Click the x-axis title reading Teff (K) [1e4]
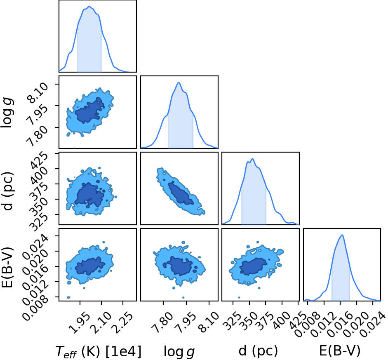point(99,351)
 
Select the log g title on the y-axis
point(7,113)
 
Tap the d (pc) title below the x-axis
point(258,351)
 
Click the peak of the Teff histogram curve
point(89,7)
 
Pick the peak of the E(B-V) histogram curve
point(342,235)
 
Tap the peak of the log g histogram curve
point(179,82)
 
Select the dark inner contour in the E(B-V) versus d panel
point(254,266)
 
